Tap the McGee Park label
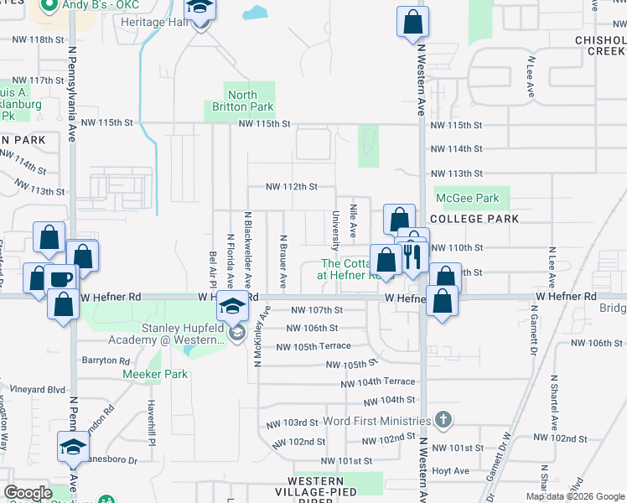point(468,199)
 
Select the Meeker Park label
point(155,374)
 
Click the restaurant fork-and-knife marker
point(411,256)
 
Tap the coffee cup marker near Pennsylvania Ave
point(61,279)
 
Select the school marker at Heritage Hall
point(199,10)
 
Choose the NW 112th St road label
point(291,187)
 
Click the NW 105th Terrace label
point(313,347)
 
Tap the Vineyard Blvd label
point(33,390)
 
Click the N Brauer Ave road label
point(283,258)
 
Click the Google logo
point(28,493)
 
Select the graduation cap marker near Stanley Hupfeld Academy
point(232,306)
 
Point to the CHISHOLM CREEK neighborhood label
point(600,45)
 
